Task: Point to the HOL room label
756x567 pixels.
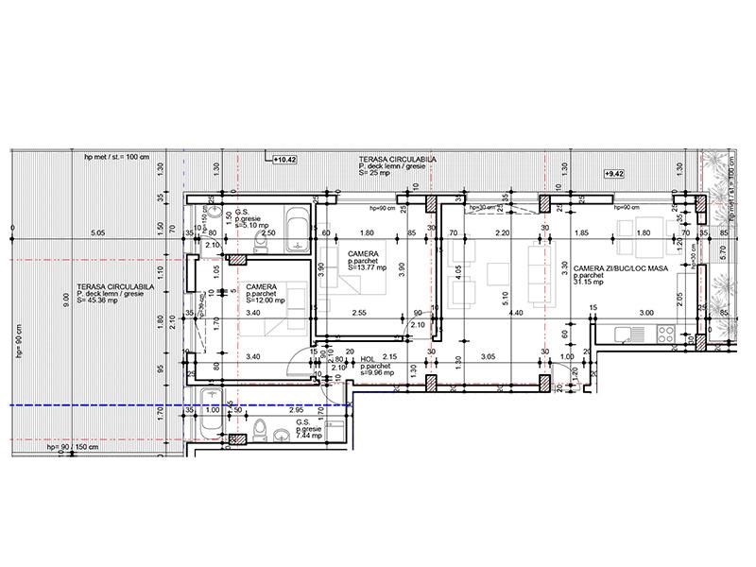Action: tap(369, 359)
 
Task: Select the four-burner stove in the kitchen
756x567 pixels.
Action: tap(665, 334)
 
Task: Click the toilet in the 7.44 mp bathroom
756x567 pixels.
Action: tap(257, 432)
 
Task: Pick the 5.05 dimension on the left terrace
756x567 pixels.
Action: tap(95, 233)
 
